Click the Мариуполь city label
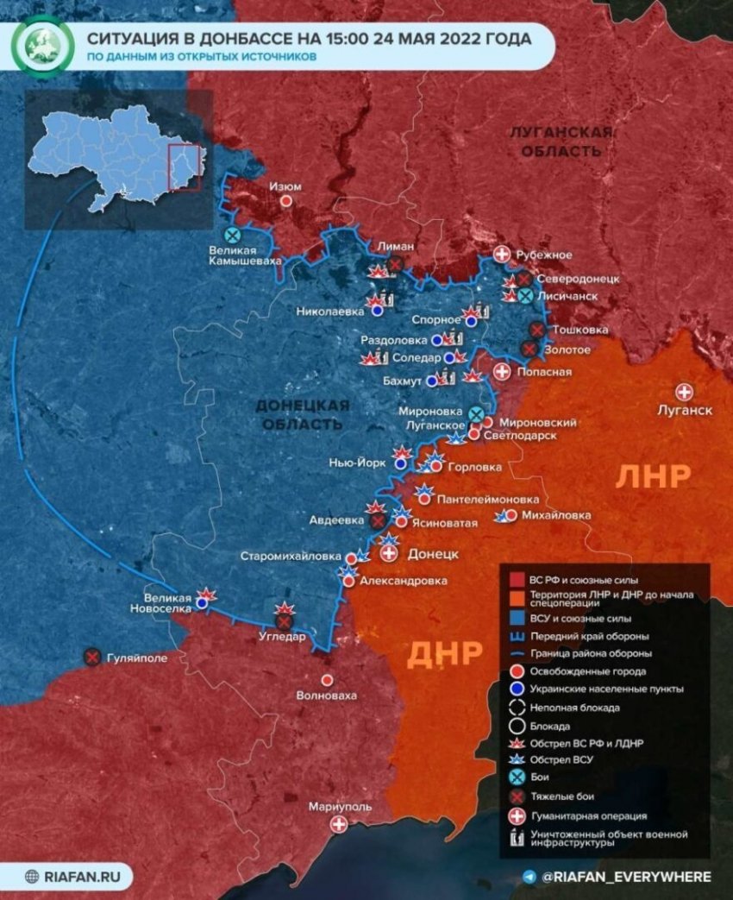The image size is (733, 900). coord(341,807)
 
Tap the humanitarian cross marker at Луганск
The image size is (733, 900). coord(686,392)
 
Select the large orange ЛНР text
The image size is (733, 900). coord(653,476)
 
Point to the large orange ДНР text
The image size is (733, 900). coord(443,653)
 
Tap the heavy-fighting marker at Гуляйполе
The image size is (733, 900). coord(92,658)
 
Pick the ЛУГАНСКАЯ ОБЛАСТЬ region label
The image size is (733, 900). coord(561,142)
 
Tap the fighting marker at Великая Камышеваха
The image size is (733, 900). coord(232,235)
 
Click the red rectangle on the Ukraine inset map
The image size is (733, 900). coord(185,167)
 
